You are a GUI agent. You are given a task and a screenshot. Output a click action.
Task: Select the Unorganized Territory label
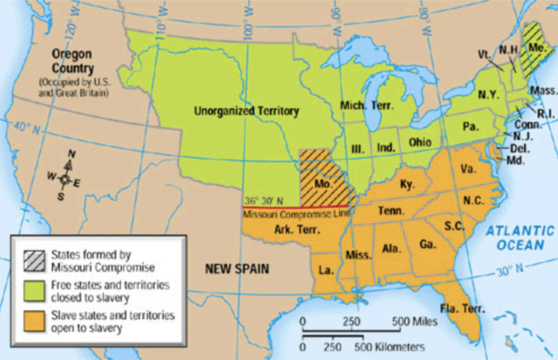246,111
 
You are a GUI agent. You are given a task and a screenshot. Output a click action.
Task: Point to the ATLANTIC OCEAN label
520,236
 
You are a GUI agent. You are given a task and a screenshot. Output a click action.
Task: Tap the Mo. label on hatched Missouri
322,186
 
